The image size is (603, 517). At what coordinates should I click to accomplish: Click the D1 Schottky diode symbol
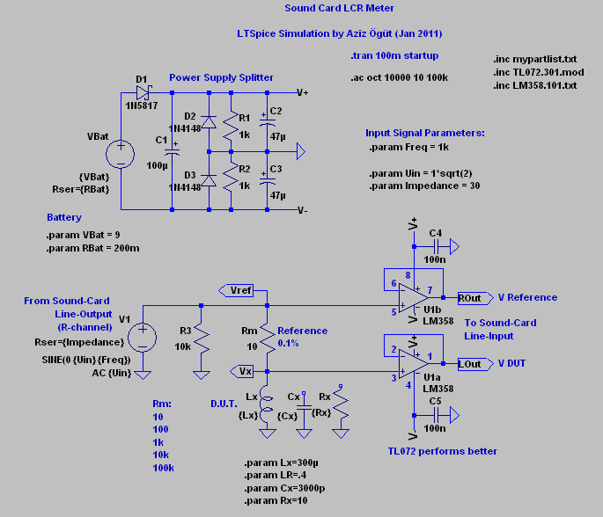pos(143,92)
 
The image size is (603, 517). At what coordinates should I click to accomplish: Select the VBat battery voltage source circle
pos(121,155)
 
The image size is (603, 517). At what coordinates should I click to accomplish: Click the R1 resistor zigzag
pos(231,125)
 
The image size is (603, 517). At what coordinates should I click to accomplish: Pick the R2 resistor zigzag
pos(231,177)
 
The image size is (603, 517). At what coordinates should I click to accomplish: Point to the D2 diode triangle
pos(209,122)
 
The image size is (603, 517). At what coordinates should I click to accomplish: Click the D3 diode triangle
pos(209,180)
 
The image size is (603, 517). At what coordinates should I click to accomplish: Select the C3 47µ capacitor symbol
pos(268,179)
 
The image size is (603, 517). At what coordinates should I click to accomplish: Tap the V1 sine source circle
pos(143,338)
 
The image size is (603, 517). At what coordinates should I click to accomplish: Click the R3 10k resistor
pos(201,338)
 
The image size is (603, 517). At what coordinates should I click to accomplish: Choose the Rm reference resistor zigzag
pos(268,338)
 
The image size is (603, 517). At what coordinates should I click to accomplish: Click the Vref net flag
pos(236,290)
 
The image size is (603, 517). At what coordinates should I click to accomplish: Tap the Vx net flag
pos(241,371)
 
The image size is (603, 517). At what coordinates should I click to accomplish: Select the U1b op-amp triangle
pos(413,298)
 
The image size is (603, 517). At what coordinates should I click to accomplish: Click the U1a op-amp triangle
pos(413,363)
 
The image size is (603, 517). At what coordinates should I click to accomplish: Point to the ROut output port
pos(475,298)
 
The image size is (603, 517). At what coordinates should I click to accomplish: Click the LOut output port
pos(475,364)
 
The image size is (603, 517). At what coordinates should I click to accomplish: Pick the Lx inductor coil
pos(265,404)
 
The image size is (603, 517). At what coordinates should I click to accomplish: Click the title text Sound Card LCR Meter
pos(339,8)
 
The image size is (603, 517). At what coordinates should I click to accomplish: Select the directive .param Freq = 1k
pos(408,147)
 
